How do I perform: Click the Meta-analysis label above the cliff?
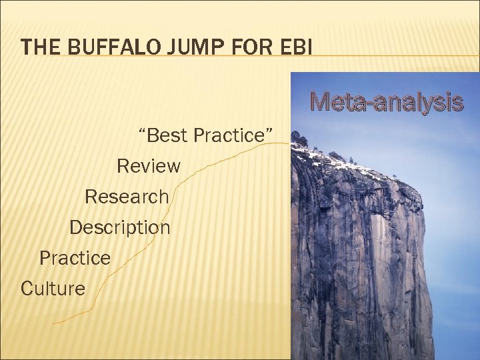coord(387,103)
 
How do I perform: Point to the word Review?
coord(148,166)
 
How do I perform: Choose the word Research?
coord(127,197)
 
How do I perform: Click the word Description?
coord(120,227)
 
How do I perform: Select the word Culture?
coord(53,289)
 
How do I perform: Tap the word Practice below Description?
coord(75,258)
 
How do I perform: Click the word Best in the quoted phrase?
coord(167,135)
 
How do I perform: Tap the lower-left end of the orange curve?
coord(55,323)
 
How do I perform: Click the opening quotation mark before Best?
coord(141,131)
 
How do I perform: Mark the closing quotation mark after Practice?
coord(270,131)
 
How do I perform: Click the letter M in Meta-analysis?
coord(321,103)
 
